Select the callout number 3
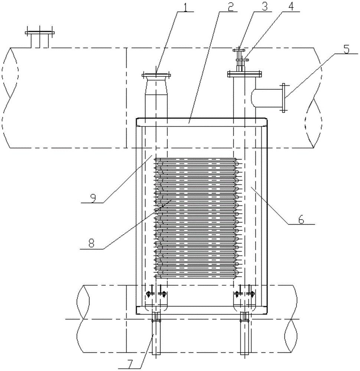coord(265,7)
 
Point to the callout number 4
coord(291,7)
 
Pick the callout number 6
coord(301,219)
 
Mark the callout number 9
coord(93,198)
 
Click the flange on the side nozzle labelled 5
coord(284,97)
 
